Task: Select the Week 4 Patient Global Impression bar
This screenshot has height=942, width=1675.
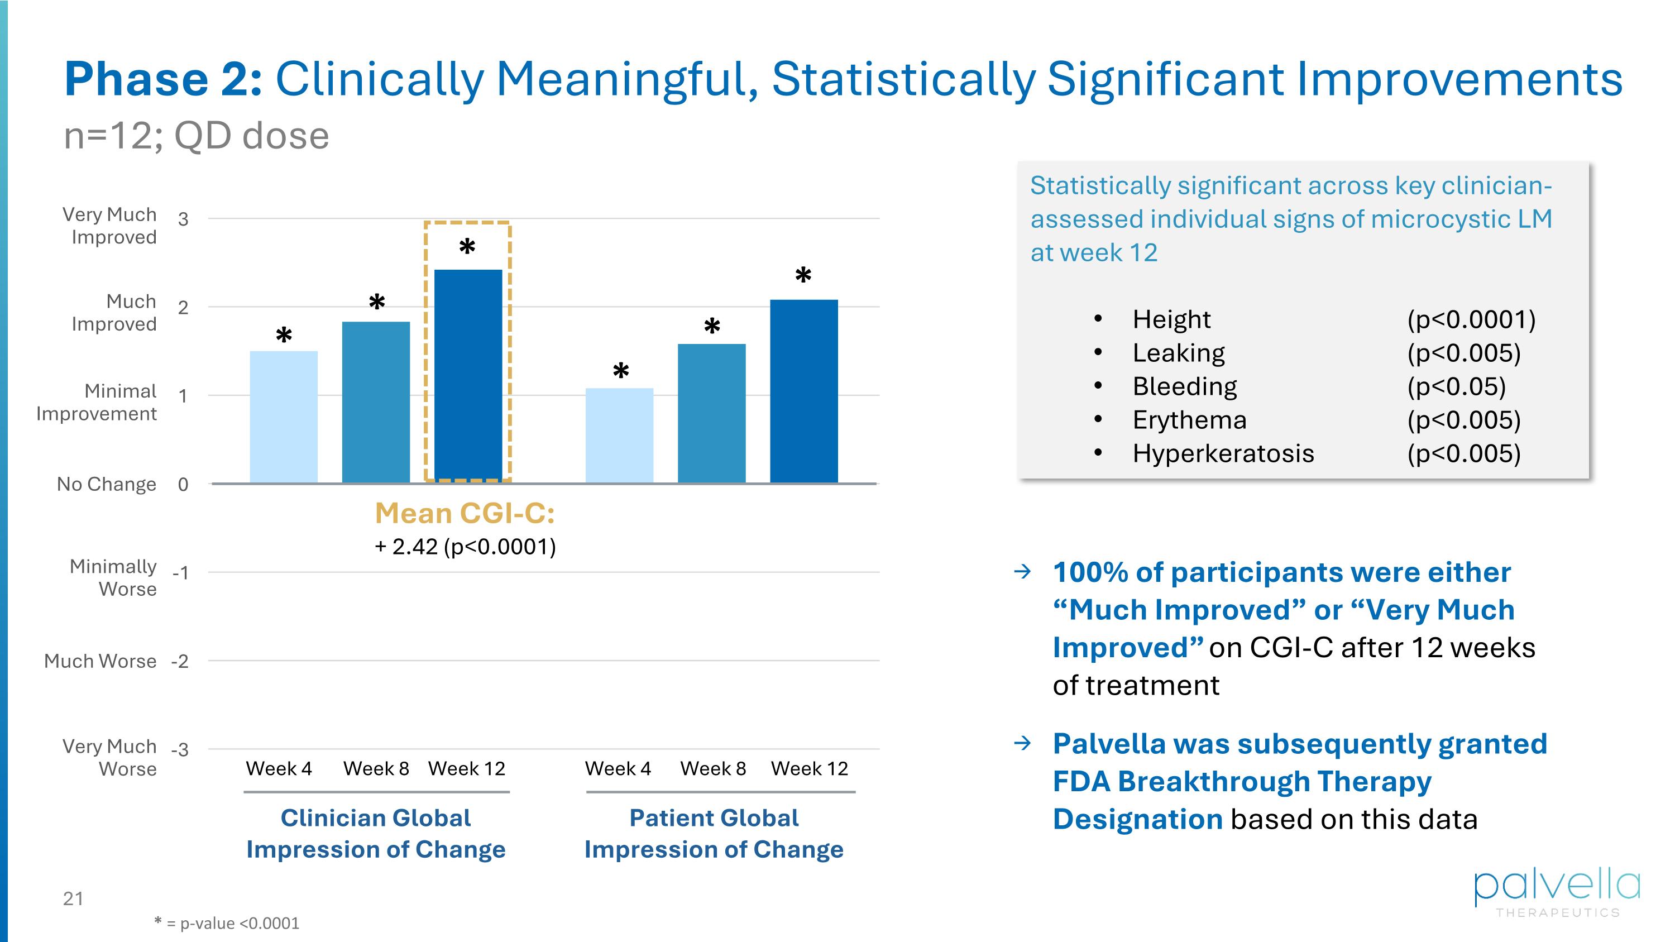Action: click(619, 436)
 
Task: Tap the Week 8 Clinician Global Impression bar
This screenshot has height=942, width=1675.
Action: click(376, 402)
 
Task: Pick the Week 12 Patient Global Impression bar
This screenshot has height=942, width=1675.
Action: click(803, 391)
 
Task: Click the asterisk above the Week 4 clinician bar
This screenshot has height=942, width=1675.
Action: click(284, 336)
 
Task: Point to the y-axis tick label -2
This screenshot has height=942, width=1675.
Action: click(180, 662)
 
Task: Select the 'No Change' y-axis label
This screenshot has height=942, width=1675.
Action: click(107, 484)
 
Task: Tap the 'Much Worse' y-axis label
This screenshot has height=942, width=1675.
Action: click(100, 661)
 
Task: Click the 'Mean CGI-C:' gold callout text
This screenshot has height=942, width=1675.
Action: click(465, 514)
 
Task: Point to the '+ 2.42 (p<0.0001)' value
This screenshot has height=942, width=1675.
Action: click(465, 547)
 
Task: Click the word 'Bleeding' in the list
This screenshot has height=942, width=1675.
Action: click(1184, 387)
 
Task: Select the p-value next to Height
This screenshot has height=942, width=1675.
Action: click(1471, 320)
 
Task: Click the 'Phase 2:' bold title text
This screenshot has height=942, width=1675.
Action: click(163, 79)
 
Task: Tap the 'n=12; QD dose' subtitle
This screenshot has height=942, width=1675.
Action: click(197, 136)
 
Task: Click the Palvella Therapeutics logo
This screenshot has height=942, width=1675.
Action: click(1557, 892)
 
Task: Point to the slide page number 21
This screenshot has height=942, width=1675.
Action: click(73, 899)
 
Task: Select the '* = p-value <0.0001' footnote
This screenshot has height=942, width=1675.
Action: click(227, 923)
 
